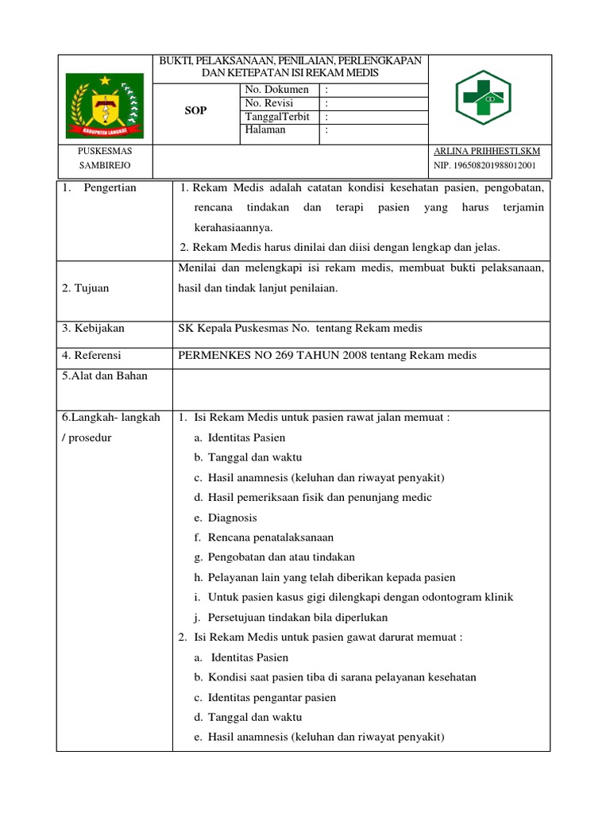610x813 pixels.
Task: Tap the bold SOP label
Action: click(x=195, y=111)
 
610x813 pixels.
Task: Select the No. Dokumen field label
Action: click(x=277, y=90)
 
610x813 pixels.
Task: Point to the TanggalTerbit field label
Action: click(x=276, y=117)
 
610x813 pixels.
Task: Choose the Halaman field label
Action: click(x=265, y=130)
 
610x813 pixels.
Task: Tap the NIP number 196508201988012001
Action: click(x=485, y=165)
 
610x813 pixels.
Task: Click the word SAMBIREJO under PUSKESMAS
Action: click(x=104, y=165)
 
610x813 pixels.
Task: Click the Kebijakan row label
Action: click(x=93, y=328)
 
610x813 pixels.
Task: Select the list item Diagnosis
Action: click(x=232, y=518)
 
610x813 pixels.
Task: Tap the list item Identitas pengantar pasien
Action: click(x=272, y=698)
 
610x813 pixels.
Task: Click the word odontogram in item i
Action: click(x=450, y=597)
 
